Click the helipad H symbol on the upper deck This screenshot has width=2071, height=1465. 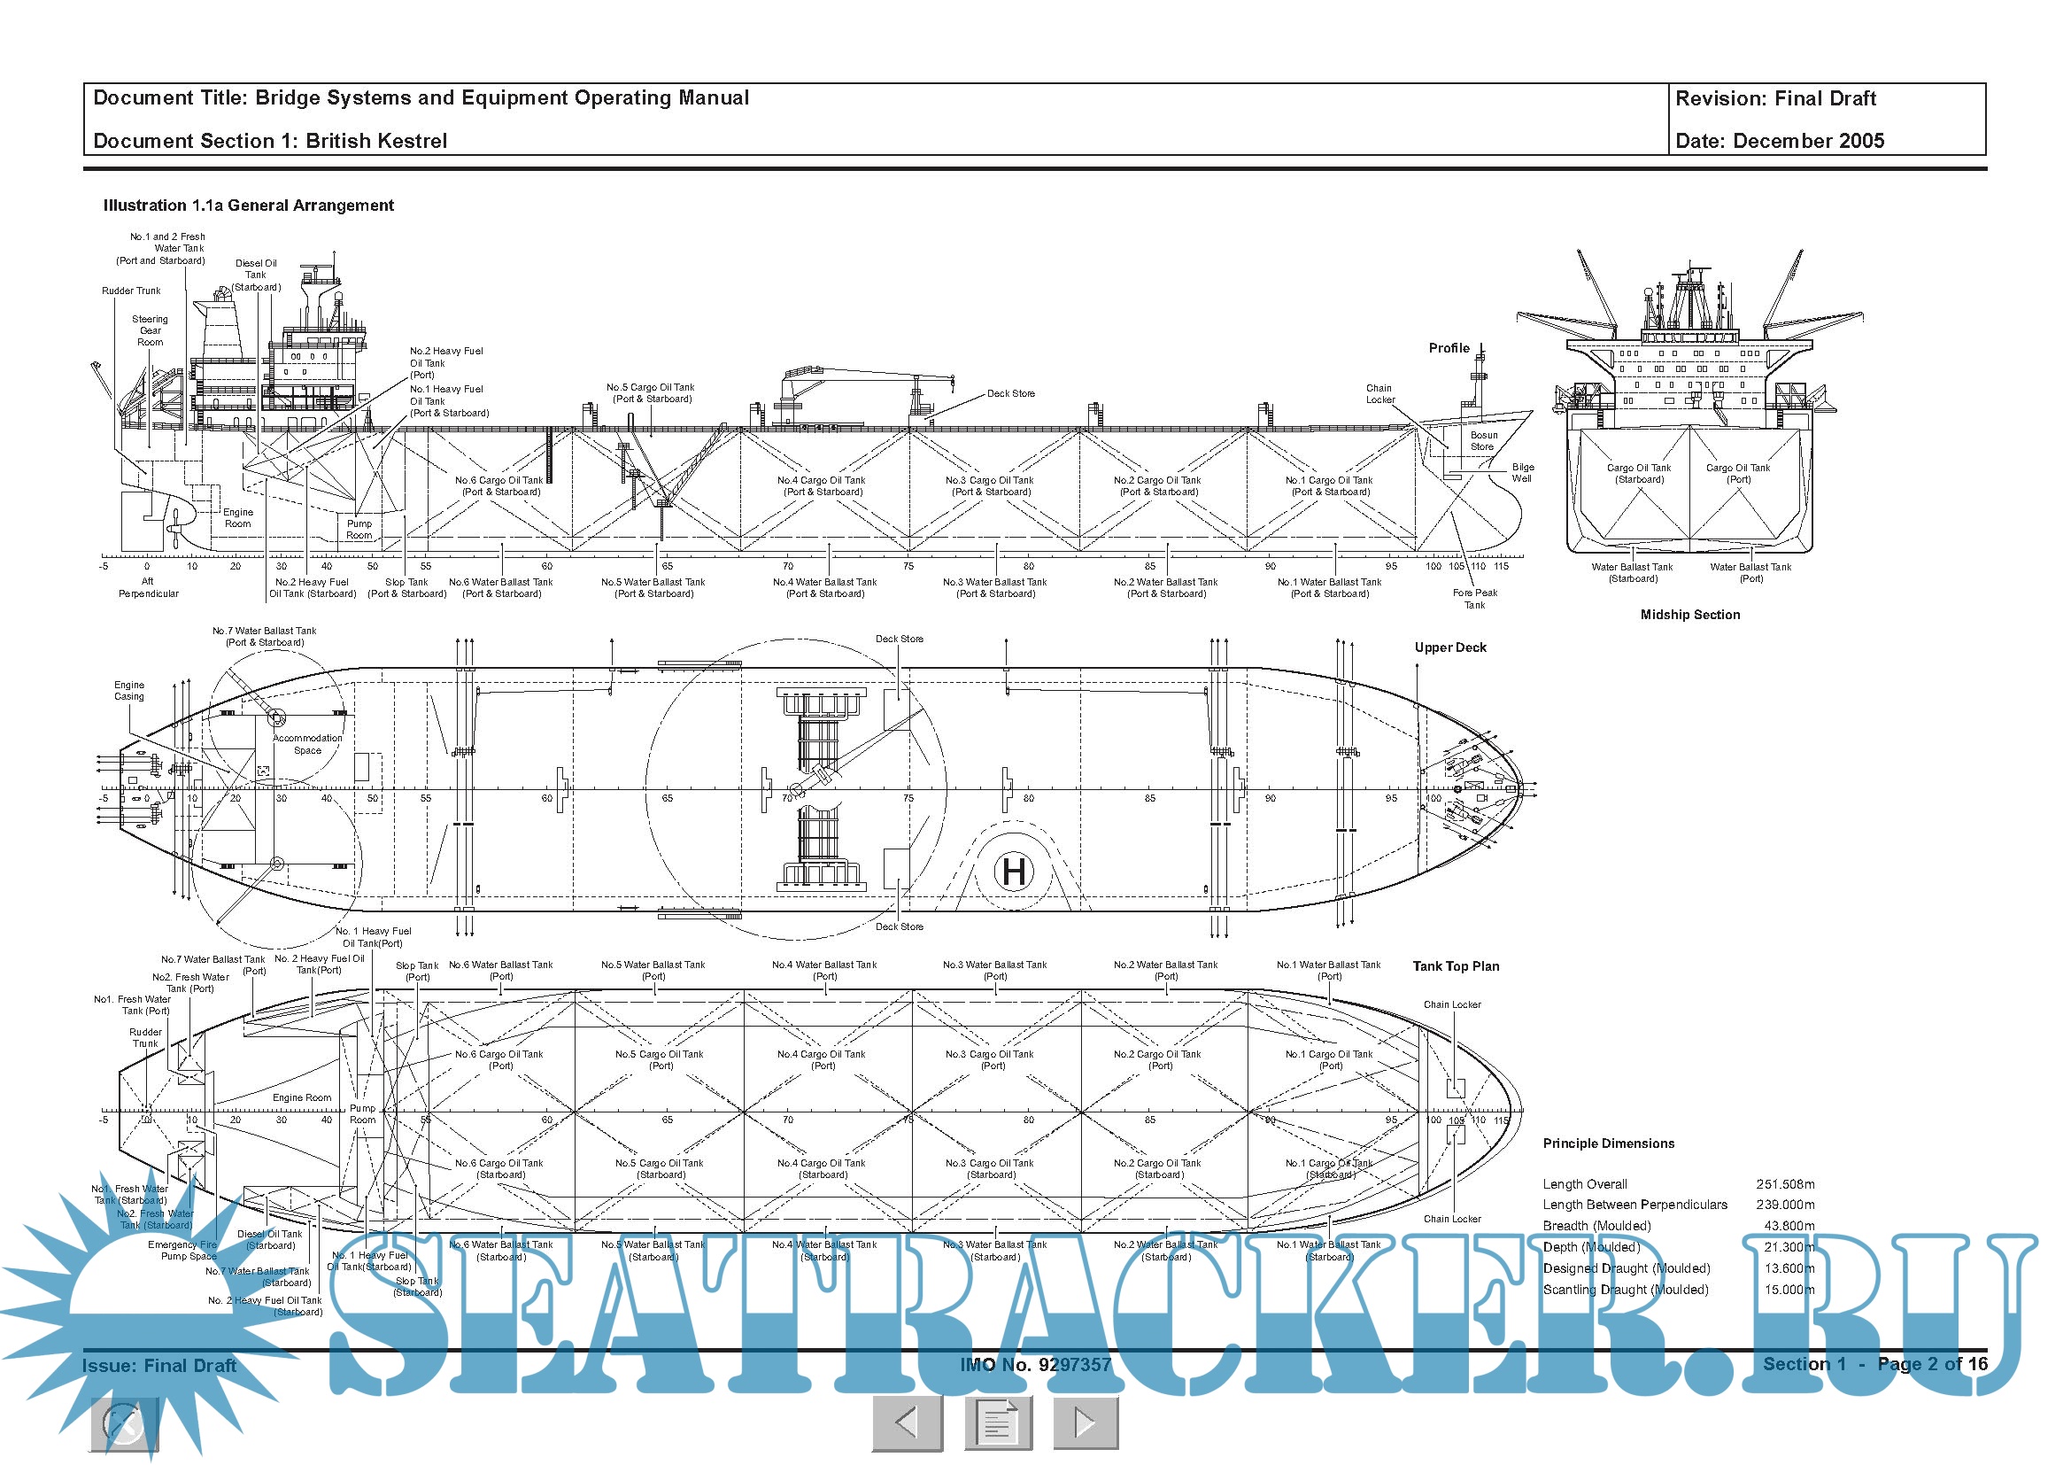tap(1014, 872)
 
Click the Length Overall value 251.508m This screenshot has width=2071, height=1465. tap(1785, 1183)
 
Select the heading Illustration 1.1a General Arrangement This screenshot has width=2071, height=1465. tap(248, 205)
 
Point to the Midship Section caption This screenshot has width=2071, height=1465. tap(1689, 615)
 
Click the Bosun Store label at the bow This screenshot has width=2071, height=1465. tap(1482, 441)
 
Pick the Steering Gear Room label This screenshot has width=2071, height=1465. tap(150, 330)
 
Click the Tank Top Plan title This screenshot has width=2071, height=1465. tap(1455, 966)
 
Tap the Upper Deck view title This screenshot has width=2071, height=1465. tap(1449, 647)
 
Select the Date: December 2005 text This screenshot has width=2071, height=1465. tap(1779, 141)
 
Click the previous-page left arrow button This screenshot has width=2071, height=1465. tap(907, 1422)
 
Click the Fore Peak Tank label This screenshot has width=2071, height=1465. tap(1474, 599)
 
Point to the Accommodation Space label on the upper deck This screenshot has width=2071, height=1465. tap(306, 744)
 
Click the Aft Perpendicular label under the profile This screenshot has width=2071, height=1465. tap(148, 587)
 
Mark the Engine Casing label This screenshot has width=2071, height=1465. tap(129, 691)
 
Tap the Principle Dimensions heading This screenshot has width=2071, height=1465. tap(1607, 1143)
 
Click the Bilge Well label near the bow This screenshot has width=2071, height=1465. tap(1523, 473)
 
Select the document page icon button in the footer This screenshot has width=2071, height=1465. tap(996, 1422)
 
